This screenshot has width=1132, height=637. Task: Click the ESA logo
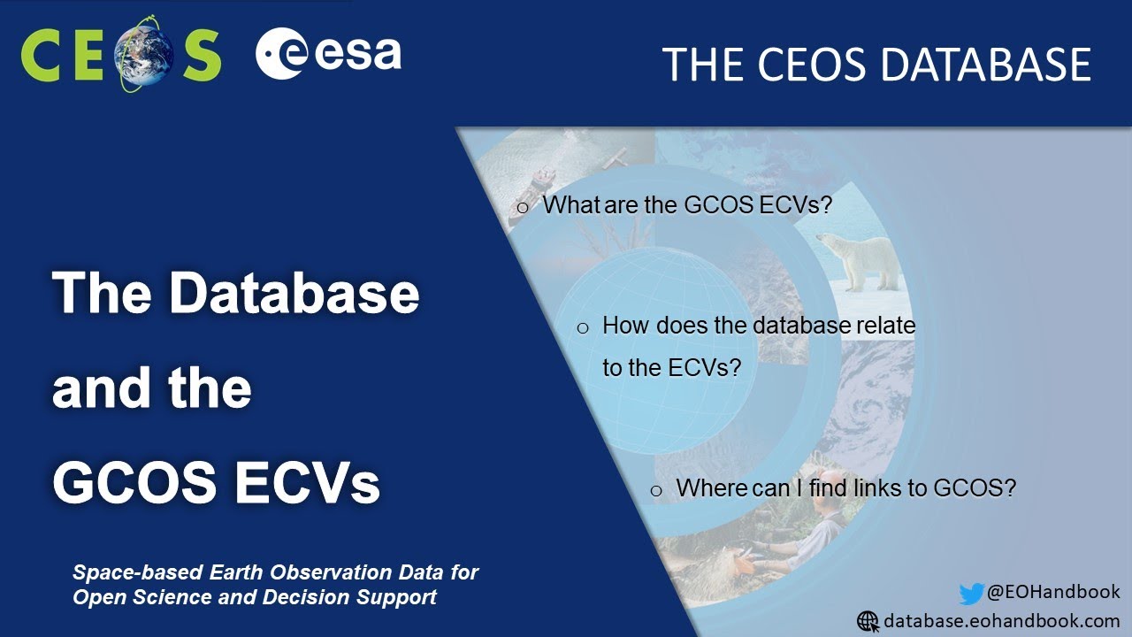(328, 55)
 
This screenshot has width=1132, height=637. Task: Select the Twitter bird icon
(971, 594)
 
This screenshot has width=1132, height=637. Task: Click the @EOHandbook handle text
(1053, 592)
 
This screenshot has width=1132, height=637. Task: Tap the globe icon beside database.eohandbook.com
(868, 621)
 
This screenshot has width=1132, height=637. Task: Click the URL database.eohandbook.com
(1002, 621)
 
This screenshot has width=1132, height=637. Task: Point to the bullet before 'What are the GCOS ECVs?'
(522, 208)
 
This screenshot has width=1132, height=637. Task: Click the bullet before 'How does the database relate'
(583, 328)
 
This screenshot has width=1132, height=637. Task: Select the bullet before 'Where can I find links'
(656, 491)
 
